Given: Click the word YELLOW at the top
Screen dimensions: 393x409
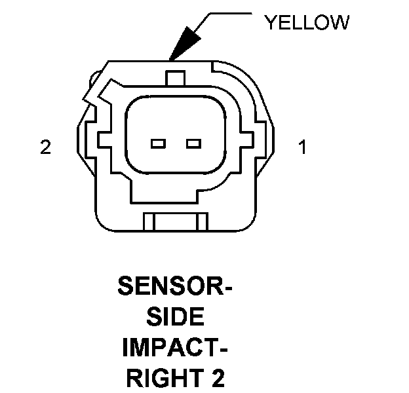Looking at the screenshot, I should [x=306, y=23].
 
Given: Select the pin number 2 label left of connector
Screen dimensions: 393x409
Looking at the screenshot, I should [x=45, y=147].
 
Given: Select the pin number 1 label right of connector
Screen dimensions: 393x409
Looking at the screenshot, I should [x=302, y=147].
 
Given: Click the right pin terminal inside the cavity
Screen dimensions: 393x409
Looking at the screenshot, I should [x=192, y=143].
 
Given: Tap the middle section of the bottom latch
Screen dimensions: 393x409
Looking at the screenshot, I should [x=175, y=222].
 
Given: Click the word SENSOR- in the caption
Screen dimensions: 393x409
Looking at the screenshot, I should [x=175, y=286].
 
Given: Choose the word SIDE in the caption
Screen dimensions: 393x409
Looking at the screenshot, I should [x=175, y=318].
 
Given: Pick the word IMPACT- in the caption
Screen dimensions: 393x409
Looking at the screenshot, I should [x=175, y=348].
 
